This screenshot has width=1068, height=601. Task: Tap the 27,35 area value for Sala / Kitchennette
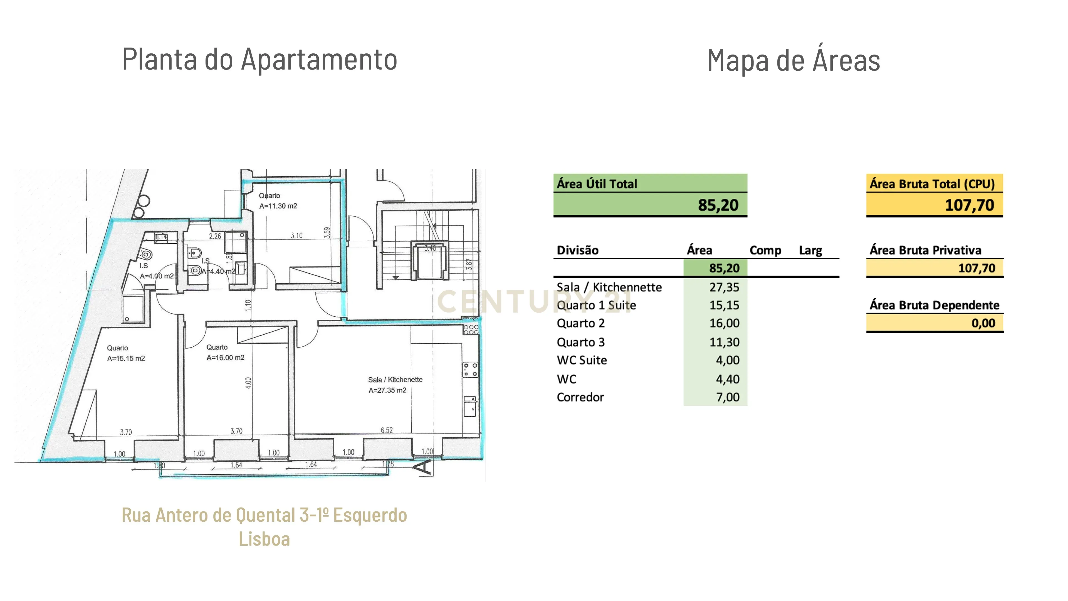724,287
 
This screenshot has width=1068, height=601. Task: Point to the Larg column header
810,250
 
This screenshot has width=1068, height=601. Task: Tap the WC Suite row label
582,360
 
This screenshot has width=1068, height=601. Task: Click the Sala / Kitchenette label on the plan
395,380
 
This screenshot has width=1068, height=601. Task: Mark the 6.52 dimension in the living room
386,430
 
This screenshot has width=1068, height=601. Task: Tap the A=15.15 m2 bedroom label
126,359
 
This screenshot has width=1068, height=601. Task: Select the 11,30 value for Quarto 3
724,343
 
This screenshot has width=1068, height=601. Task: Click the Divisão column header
578,250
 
